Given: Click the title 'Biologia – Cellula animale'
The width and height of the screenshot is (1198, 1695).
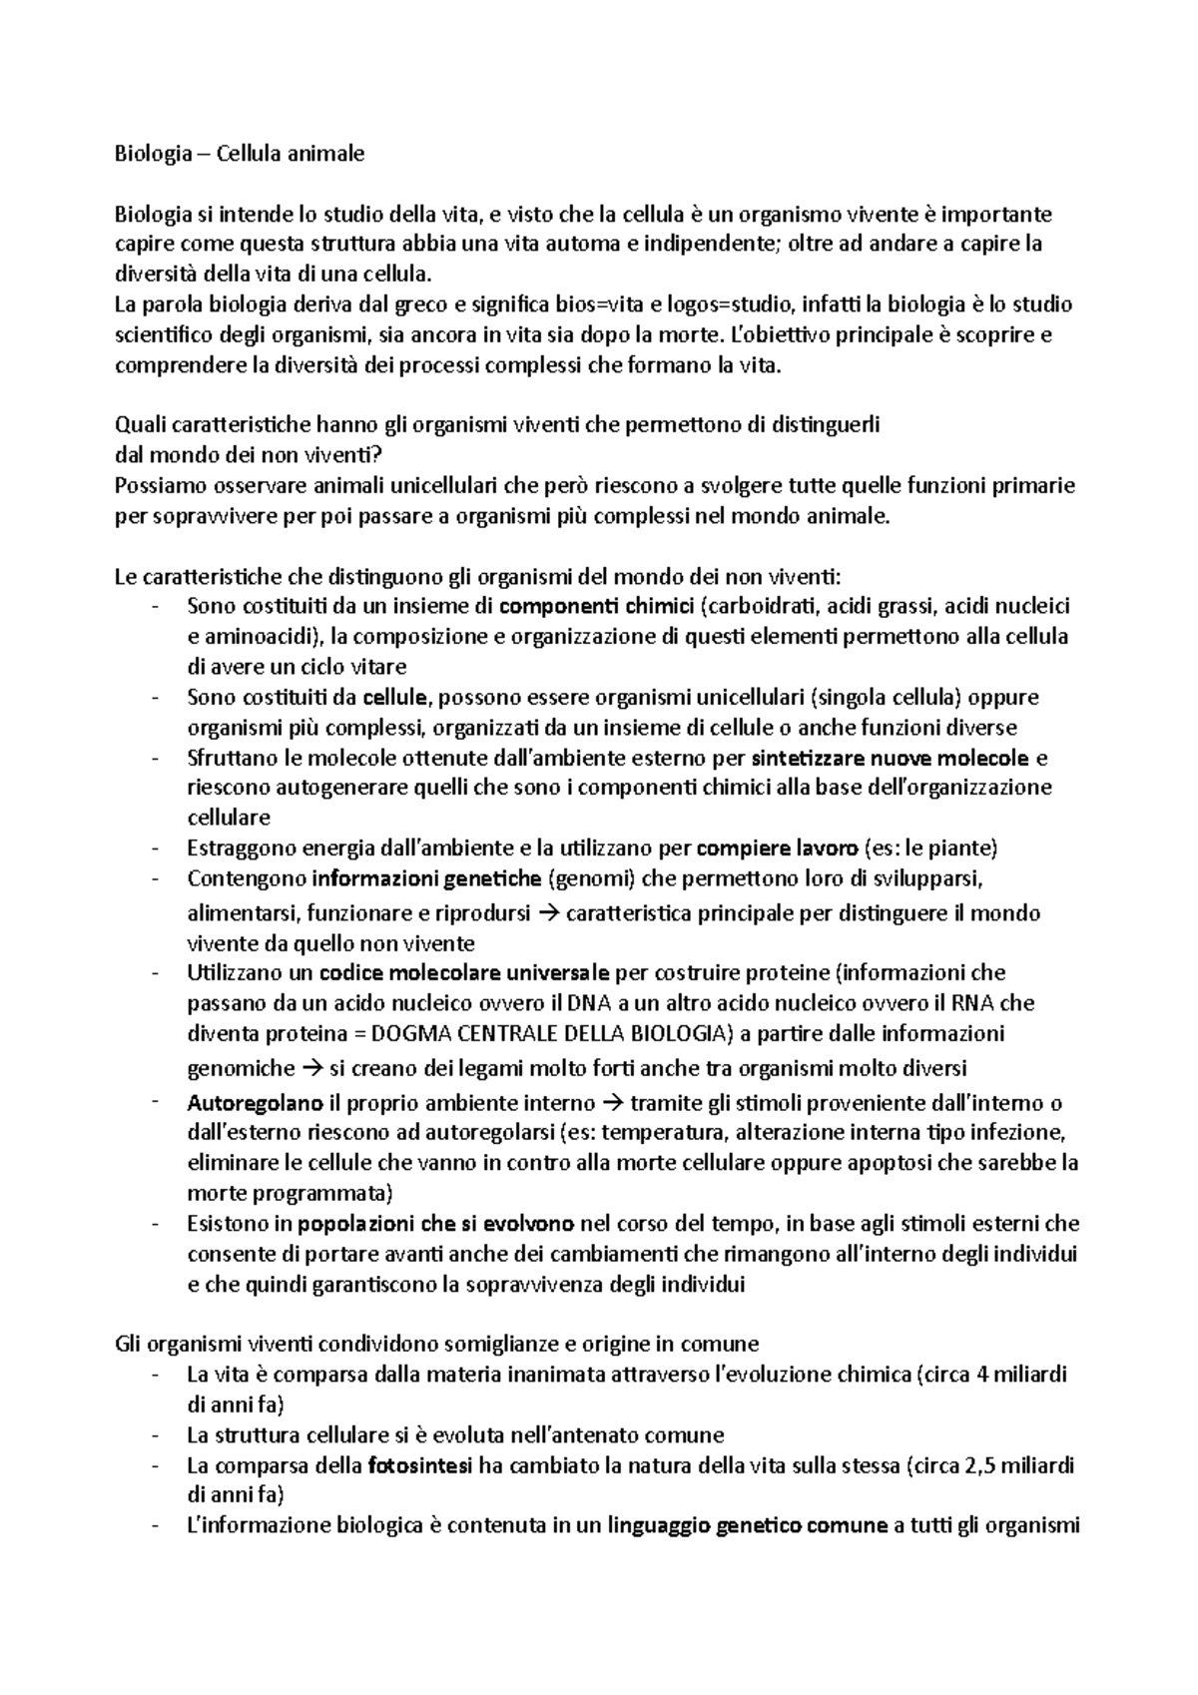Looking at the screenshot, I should point(240,154).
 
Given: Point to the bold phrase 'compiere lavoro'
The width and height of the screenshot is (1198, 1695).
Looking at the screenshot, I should point(776,848).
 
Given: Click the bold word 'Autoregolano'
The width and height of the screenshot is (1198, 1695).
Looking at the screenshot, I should point(255,1104).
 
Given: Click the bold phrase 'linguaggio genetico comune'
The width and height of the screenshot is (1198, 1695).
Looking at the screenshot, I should point(749,1526).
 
